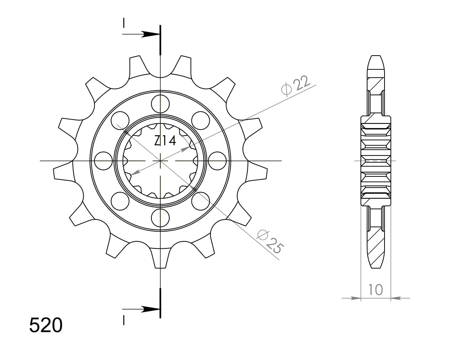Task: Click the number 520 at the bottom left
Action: [x=46, y=326]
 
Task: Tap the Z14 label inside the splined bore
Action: [x=165, y=141]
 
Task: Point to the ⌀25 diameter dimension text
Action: [x=270, y=242]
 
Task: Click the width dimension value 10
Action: [x=375, y=290]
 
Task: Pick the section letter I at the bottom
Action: [x=124, y=321]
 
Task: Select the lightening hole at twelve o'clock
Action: [x=160, y=103]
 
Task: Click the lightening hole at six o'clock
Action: [x=160, y=218]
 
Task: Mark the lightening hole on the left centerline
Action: [x=103, y=161]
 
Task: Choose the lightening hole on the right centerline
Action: [x=217, y=161]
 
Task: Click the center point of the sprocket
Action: [x=160, y=161]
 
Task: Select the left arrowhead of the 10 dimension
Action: [x=356, y=298]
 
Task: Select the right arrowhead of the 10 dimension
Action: [x=395, y=298]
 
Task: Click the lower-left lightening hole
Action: [x=120, y=201]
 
